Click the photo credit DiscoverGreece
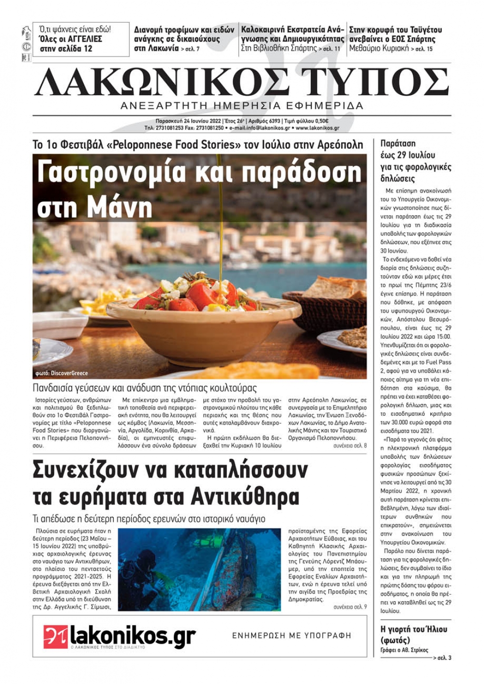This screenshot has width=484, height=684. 69,373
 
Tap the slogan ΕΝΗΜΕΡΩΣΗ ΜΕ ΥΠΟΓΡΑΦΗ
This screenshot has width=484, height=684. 291,636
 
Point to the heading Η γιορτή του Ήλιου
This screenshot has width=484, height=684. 414,629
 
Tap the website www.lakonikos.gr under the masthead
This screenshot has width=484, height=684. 317,128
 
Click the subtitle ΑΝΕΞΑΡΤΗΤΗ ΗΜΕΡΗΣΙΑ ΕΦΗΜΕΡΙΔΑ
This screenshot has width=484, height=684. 242,106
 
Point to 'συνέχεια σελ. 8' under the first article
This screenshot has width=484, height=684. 350,445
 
